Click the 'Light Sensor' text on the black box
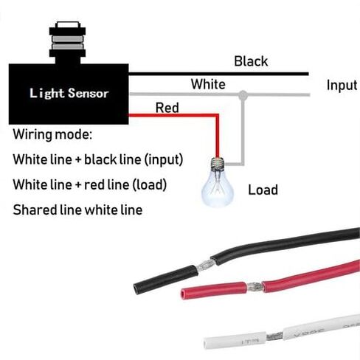click(x=69, y=94)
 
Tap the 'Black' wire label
click(x=251, y=61)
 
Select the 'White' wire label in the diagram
click(x=208, y=84)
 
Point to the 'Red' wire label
click(x=167, y=108)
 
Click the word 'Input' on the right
click(x=342, y=86)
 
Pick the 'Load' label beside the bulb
click(x=263, y=190)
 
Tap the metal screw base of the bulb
click(x=218, y=163)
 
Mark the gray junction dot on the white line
click(x=243, y=94)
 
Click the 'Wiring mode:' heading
click(x=52, y=134)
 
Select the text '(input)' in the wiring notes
click(x=164, y=159)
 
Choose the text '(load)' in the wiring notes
click(x=150, y=184)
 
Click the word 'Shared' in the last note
click(x=35, y=210)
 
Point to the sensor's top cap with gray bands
click(x=67, y=39)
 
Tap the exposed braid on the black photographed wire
click(x=204, y=265)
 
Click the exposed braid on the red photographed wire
click(x=254, y=287)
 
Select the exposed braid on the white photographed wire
click(x=274, y=336)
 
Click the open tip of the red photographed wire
click(x=184, y=294)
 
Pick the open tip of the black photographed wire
click(x=136, y=288)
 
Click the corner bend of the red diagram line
click(x=218, y=115)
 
